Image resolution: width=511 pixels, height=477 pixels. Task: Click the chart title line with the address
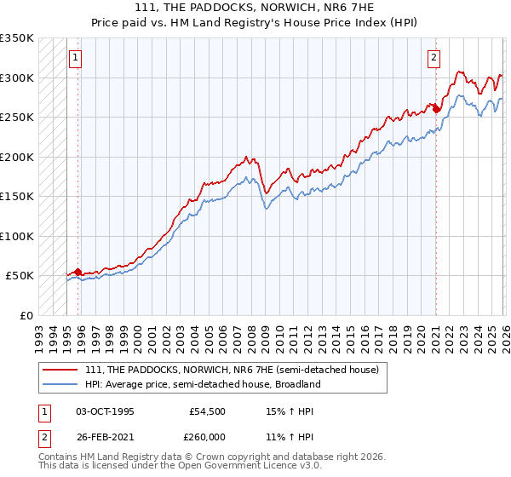(255, 8)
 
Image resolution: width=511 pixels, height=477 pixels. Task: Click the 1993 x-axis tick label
(38, 333)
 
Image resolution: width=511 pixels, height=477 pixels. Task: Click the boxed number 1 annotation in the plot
(76, 58)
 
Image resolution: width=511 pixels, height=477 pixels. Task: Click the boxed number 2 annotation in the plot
(433, 58)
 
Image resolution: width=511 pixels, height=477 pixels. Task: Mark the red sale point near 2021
(435, 109)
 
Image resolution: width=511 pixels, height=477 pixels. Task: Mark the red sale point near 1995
(78, 273)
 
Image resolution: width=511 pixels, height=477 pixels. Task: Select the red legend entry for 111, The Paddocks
(237, 370)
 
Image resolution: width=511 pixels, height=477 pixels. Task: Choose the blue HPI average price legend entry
(202, 384)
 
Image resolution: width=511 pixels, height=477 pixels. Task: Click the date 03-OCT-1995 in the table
(105, 411)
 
